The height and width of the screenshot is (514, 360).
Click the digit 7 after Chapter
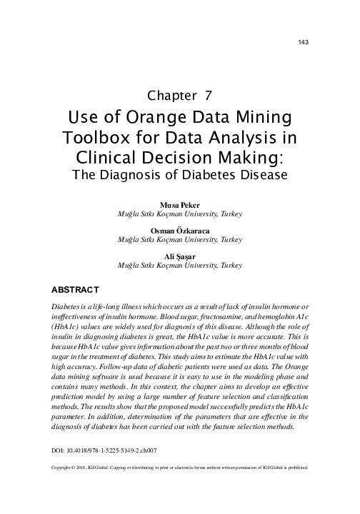coord(207,96)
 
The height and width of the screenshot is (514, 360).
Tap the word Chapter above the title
coord(171,96)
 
